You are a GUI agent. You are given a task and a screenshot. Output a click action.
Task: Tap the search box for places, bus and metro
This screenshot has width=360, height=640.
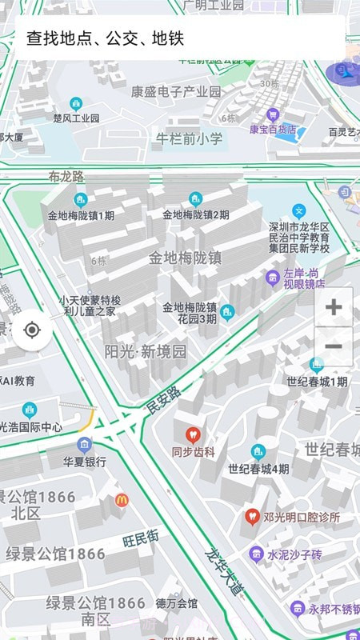pos(180,38)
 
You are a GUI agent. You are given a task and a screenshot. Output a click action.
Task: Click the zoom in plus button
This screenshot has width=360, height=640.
pos(334,307)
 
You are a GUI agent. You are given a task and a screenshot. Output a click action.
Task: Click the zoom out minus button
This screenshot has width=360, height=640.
pos(334,346)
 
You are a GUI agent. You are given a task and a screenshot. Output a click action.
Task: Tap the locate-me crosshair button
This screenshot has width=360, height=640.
pos(32,330)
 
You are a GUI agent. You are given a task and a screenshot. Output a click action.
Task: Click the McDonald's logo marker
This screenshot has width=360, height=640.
pos(122,500)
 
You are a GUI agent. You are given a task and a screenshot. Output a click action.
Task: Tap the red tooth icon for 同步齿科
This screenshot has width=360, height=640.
pos(192,435)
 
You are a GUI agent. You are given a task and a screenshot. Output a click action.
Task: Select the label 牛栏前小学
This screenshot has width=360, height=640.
pos(189,138)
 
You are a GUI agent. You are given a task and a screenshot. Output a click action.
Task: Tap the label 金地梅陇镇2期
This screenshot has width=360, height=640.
pos(196,214)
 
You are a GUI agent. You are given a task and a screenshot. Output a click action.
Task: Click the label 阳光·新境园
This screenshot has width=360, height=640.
pos(146,351)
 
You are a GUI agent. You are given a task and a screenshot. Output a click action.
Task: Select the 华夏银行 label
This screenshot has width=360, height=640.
pos(85,462)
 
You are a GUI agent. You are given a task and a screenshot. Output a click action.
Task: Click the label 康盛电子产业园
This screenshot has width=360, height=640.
pos(176,91)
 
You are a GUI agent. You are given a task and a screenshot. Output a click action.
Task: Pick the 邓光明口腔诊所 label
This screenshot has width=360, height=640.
pos(301,517)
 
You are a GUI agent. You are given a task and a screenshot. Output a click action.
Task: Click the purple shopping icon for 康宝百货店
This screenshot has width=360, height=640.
pos(273,114)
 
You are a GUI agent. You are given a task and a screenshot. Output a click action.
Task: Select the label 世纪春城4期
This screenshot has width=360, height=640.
pos(258,469)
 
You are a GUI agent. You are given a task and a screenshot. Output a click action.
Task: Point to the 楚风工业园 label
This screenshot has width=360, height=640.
pos(76,118)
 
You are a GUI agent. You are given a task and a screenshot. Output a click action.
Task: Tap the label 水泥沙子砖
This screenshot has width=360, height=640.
pos(294,554)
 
